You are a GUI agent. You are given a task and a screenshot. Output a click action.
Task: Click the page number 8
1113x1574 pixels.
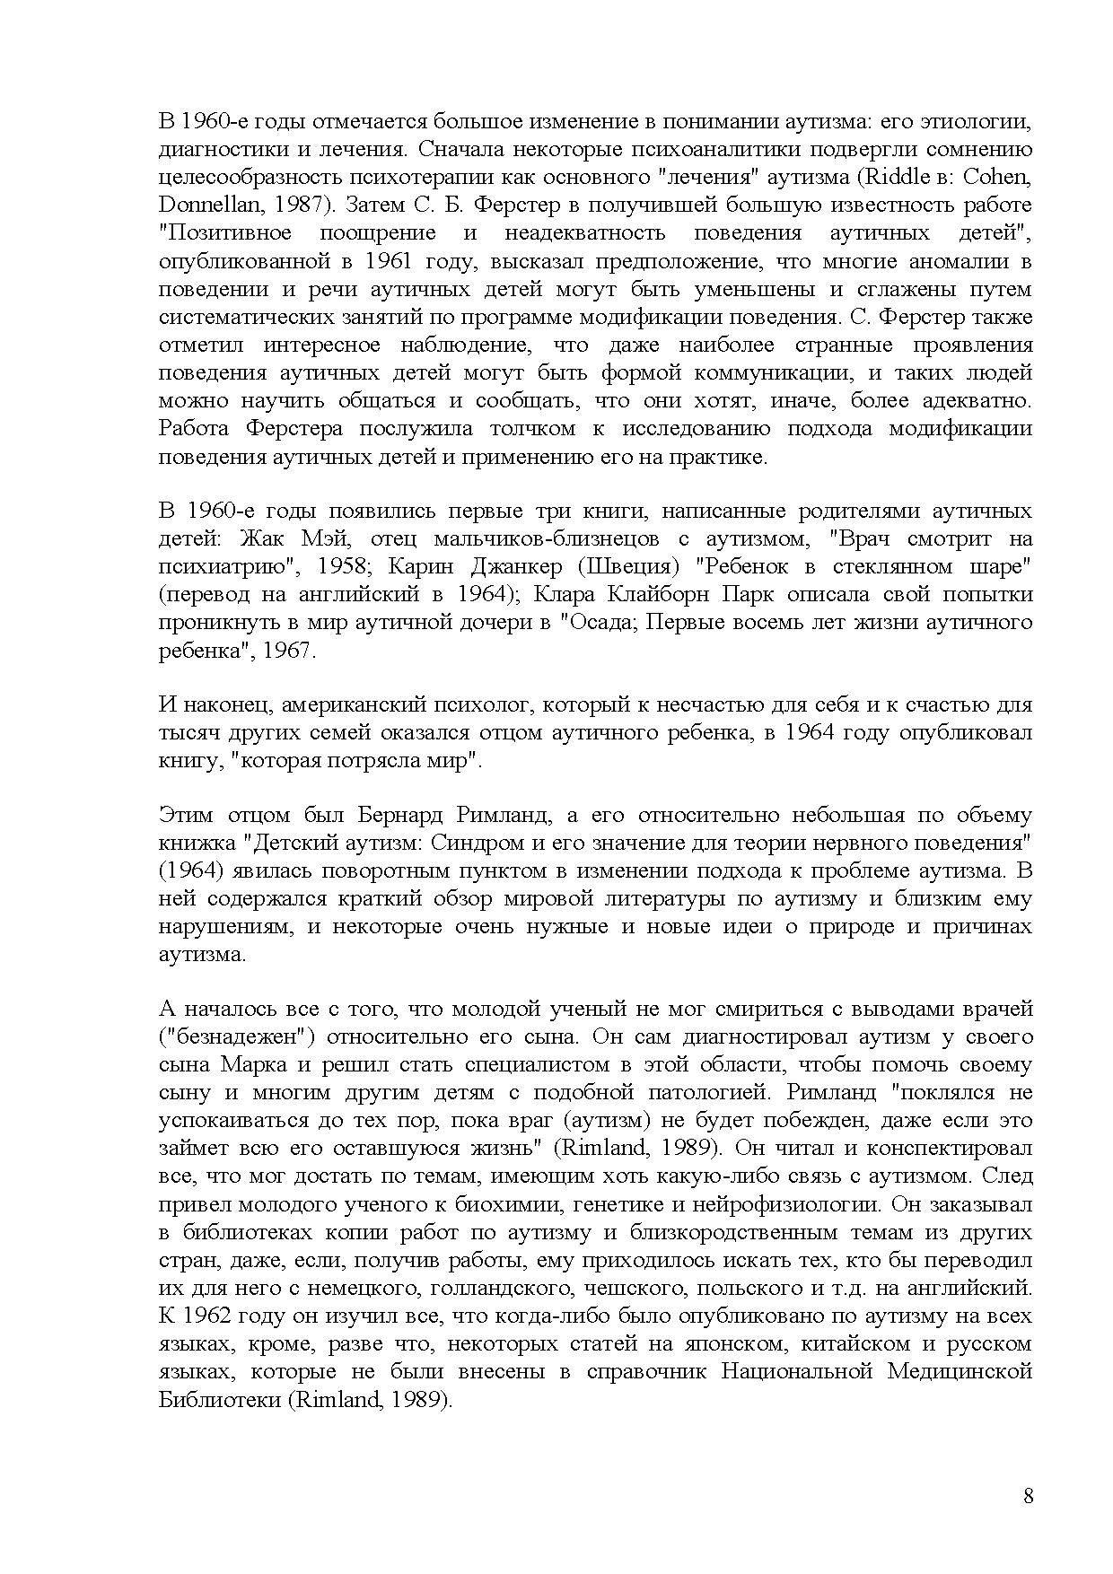click(x=1028, y=1496)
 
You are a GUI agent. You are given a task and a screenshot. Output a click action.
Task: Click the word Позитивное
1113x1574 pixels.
click(x=225, y=233)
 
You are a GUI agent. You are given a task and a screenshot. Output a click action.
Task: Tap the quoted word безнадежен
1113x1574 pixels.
click(x=234, y=1037)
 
